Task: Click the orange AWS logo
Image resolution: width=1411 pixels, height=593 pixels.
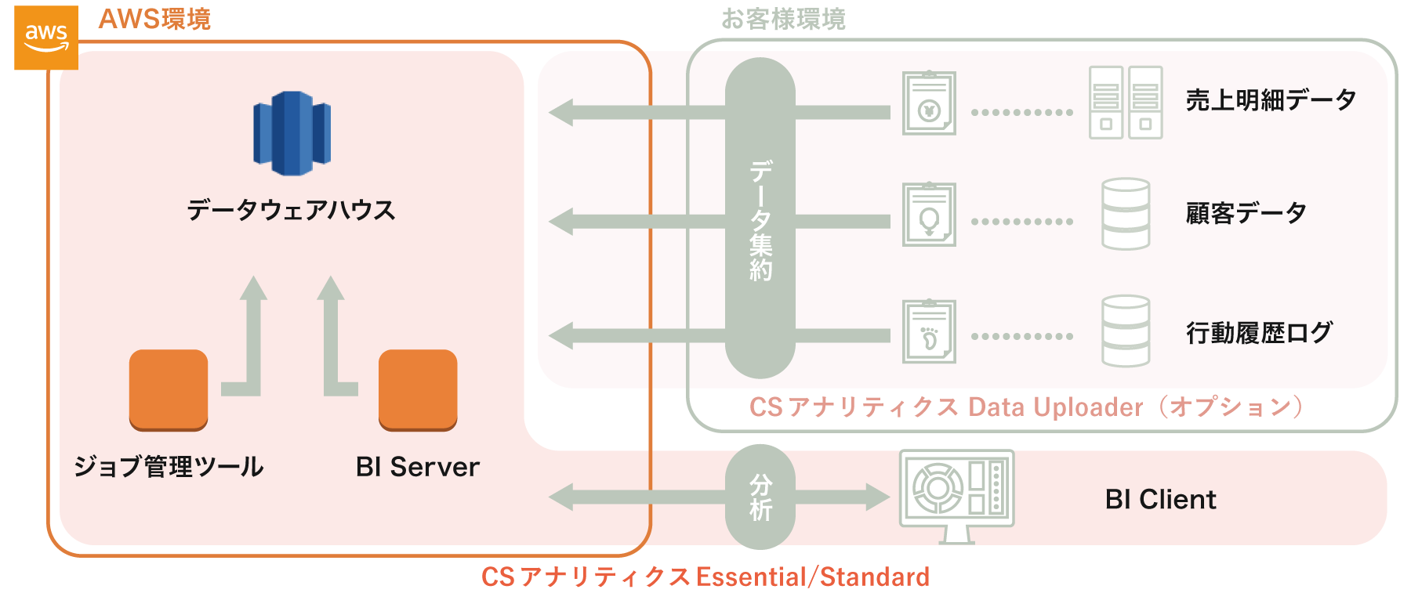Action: (x=45, y=37)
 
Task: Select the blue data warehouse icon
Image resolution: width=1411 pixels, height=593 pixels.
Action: (x=292, y=133)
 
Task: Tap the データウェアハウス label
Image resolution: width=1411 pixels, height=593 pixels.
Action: (x=291, y=210)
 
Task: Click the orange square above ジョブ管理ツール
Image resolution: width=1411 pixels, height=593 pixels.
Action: (x=169, y=389)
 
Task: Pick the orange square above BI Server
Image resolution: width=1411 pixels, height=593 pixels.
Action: (x=418, y=389)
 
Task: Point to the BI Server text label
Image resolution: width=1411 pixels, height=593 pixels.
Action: (x=417, y=467)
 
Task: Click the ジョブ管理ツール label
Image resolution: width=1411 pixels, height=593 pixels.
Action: (x=169, y=467)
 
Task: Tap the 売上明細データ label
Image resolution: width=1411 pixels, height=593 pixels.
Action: (x=1271, y=100)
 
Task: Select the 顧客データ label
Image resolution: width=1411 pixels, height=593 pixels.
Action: (x=1246, y=213)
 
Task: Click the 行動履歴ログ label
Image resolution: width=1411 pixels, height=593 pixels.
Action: (x=1259, y=333)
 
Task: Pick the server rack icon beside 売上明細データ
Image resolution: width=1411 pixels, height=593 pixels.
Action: (x=1126, y=103)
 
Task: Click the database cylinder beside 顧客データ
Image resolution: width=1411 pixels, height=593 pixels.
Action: (x=1126, y=214)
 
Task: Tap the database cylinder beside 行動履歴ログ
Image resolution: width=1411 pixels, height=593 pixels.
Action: (x=1126, y=331)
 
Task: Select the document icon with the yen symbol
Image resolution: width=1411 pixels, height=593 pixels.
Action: (x=929, y=103)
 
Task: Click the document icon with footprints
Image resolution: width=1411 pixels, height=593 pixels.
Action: (x=929, y=331)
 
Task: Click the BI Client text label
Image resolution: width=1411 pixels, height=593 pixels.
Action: (x=1160, y=499)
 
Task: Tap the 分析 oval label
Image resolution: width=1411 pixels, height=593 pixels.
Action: (x=760, y=497)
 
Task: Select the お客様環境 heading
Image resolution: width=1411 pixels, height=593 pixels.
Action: (x=783, y=19)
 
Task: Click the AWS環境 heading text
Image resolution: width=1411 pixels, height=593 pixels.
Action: (x=154, y=19)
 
